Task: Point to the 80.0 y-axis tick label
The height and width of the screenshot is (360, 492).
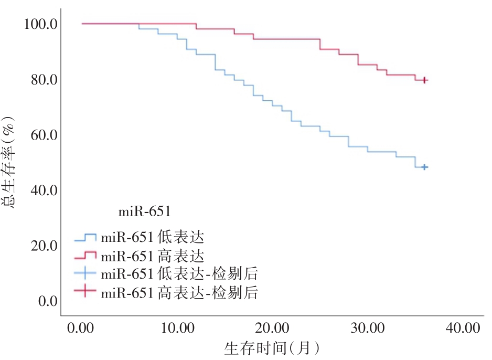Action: point(41,80)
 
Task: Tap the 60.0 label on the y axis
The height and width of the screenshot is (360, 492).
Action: point(41,135)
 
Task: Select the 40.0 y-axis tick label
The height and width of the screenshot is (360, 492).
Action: point(41,190)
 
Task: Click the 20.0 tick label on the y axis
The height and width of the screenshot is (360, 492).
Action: point(41,246)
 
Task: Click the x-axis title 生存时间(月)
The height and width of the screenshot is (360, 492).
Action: point(272,348)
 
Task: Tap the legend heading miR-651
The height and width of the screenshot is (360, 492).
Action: point(144,212)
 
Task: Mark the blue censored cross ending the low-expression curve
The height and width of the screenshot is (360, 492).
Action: point(425,167)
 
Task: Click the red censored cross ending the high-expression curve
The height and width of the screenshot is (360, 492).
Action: point(425,80)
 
